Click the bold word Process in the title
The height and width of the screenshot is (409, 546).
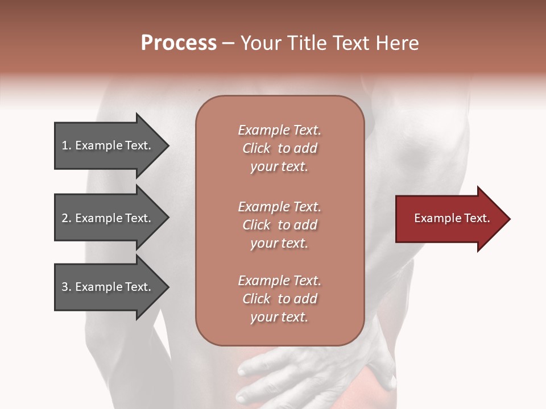click(x=179, y=43)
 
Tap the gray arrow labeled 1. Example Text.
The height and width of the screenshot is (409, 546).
click(x=108, y=146)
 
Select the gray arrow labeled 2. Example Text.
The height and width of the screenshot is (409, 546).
click(x=108, y=219)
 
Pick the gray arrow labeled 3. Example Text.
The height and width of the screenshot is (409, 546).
click(x=108, y=287)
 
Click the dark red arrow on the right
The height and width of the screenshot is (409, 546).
click(x=449, y=219)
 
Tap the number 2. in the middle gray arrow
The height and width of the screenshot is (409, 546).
click(x=67, y=218)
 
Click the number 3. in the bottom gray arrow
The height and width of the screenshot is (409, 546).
click(x=67, y=287)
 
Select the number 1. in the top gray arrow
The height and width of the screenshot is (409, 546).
click(x=67, y=145)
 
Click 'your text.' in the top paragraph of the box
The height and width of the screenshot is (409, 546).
click(x=279, y=166)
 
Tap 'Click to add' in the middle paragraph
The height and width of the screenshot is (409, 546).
click(x=279, y=225)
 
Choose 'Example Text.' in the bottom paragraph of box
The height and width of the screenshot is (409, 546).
click(x=279, y=281)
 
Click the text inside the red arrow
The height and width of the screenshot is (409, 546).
click(x=452, y=218)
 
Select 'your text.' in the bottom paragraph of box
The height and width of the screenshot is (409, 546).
click(x=279, y=317)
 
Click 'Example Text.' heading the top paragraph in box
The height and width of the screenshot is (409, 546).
click(x=279, y=130)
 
